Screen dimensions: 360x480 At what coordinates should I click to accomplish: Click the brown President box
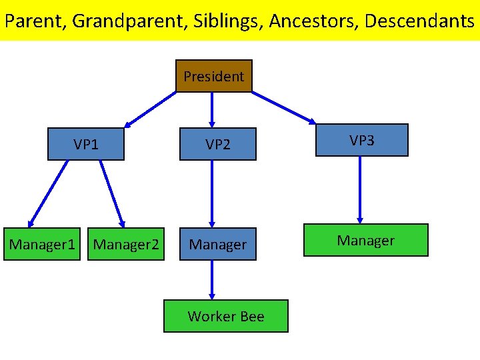tap(213, 76)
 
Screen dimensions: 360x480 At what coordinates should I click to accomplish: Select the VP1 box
tap(86, 144)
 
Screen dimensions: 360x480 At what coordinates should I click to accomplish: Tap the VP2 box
tap(217, 144)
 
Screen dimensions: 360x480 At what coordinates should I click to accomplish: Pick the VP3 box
tap(361, 140)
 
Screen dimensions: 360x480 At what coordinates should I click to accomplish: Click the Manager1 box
tap(42, 245)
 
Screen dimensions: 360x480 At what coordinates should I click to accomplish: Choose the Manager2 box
tap(126, 245)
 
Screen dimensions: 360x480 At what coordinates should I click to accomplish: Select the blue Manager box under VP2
tap(217, 245)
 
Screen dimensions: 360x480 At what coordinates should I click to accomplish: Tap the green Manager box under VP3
tap(365, 240)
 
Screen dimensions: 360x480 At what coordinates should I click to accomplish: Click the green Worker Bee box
tap(226, 316)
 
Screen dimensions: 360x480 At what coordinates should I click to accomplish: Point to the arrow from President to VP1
tap(151, 109)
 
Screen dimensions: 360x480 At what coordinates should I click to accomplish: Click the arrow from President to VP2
tap(212, 109)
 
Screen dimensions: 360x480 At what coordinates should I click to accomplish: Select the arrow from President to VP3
tap(283, 107)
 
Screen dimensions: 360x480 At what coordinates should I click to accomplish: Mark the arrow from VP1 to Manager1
tap(49, 192)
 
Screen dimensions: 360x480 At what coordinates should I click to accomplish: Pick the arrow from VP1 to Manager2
tap(111, 192)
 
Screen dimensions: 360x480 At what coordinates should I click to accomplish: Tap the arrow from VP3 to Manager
tap(360, 189)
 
